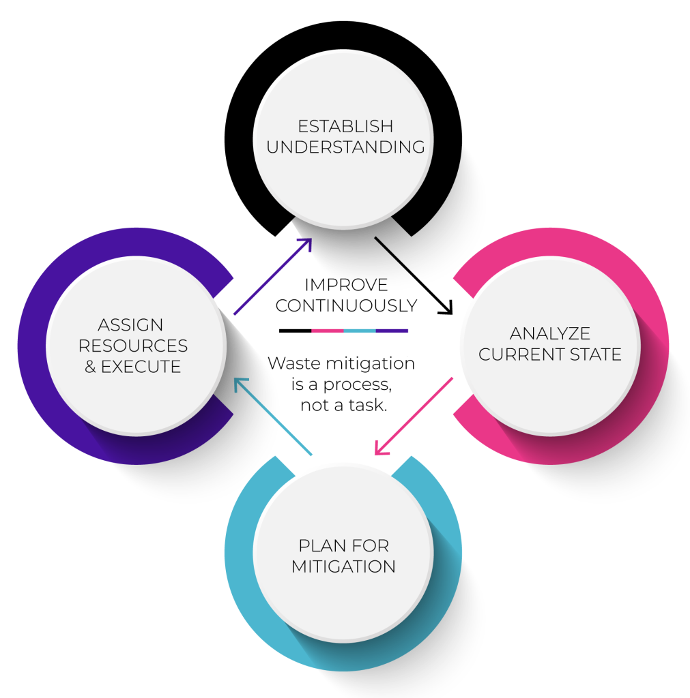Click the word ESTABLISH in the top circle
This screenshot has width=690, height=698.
tap(345, 127)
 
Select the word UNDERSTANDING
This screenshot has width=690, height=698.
tap(345, 147)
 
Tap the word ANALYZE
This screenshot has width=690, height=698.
tap(549, 333)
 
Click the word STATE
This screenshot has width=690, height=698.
tap(598, 354)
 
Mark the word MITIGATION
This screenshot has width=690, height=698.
tap(343, 566)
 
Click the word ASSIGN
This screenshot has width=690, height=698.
tap(130, 325)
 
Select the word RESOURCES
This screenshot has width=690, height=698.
tap(132, 346)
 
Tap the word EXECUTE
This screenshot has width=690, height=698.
tap(141, 367)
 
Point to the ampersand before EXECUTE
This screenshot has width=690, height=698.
tap(90, 367)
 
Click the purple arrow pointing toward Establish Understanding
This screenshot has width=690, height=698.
tap(273, 276)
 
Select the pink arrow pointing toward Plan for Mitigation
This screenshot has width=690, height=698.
tap(414, 416)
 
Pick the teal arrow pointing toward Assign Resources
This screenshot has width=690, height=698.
tap(272, 416)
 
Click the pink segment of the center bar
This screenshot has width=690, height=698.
tap(327, 331)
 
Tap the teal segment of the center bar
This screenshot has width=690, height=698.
tap(360, 331)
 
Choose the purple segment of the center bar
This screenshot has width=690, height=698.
tap(392, 331)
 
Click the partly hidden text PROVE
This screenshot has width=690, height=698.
tap(359, 284)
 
